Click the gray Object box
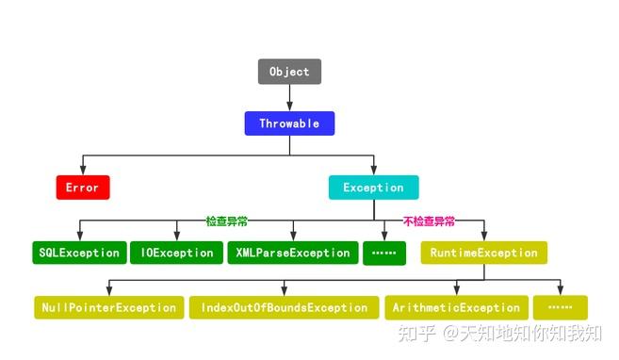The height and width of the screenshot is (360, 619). (290, 72)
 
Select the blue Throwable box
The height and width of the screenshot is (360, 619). (289, 123)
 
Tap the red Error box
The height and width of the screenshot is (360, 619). (83, 188)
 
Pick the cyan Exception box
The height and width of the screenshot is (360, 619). (373, 188)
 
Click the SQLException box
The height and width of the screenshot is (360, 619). (78, 253)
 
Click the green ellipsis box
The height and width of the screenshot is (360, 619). (384, 253)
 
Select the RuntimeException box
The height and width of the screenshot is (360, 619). (484, 253)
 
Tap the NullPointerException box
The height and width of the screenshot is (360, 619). (108, 307)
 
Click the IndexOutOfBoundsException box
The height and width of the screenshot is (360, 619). (284, 307)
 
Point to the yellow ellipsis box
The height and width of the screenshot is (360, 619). (560, 307)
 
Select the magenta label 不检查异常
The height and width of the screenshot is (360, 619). (429, 221)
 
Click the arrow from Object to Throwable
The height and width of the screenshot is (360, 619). (290, 98)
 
